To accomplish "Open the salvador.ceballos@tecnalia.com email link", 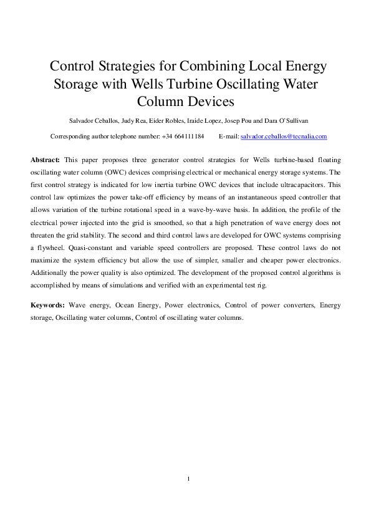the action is (x=284, y=136).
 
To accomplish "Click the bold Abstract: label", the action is (x=46, y=160).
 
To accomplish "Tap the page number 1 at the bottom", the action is (x=188, y=479).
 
